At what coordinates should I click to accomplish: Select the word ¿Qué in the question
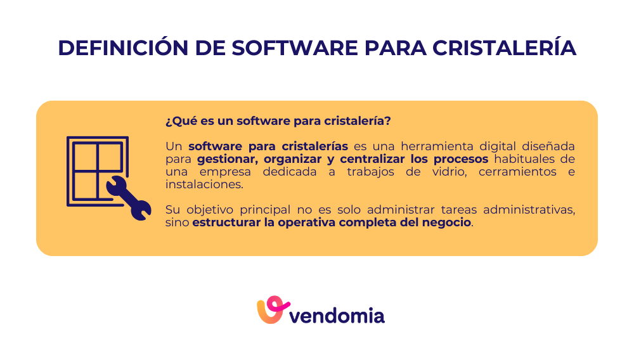coord(178,121)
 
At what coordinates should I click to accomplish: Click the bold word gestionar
coord(225,159)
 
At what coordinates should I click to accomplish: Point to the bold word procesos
coord(461,159)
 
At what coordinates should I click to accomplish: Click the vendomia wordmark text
coord(337,315)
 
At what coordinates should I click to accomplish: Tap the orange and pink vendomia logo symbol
coord(271,310)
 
